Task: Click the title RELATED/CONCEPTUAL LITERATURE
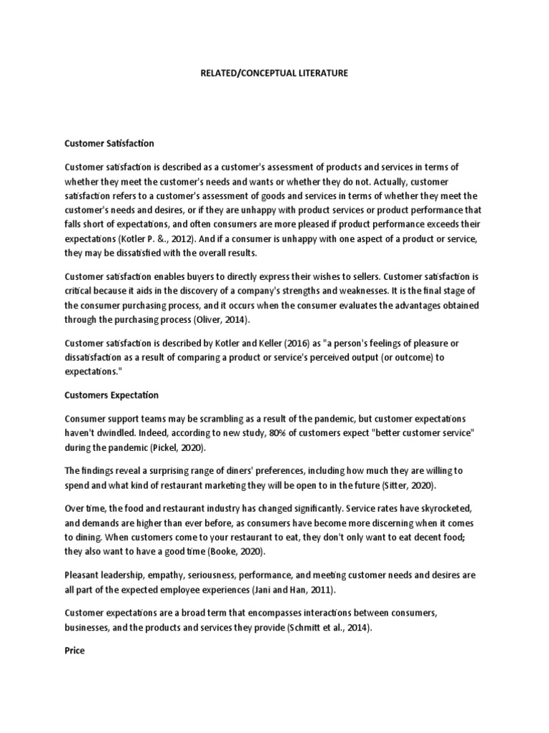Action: tap(274, 74)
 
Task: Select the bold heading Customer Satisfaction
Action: tap(109, 144)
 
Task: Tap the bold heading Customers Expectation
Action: tap(112, 394)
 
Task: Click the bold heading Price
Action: tap(74, 651)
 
